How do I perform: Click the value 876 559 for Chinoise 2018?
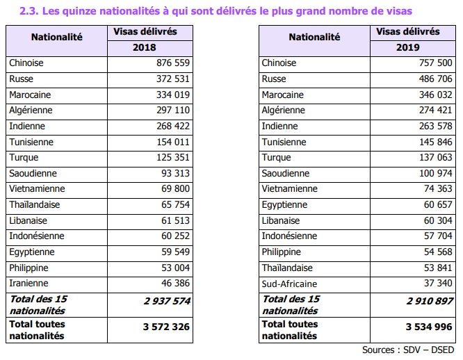[x=173, y=63]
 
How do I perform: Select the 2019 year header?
[x=408, y=47]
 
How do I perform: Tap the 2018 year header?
[x=144, y=47]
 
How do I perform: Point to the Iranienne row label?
[x=29, y=284]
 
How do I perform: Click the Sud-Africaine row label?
[x=289, y=284]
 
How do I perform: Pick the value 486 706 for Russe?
[x=435, y=79]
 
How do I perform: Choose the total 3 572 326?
[x=166, y=327]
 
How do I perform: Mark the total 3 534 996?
[x=429, y=327]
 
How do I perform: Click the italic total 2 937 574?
[x=167, y=301]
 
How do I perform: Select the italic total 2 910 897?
[x=430, y=301]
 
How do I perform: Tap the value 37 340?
[x=438, y=284]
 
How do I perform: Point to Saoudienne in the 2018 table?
[x=33, y=173]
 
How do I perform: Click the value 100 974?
[x=436, y=173]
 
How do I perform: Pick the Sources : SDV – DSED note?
[x=408, y=350]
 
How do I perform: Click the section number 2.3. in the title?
[x=29, y=11]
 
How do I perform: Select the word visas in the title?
[x=399, y=11]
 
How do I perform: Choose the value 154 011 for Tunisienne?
[x=173, y=142]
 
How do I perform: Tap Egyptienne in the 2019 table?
[x=284, y=205]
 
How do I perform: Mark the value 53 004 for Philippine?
[x=175, y=268]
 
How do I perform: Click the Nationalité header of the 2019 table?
[x=314, y=37]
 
